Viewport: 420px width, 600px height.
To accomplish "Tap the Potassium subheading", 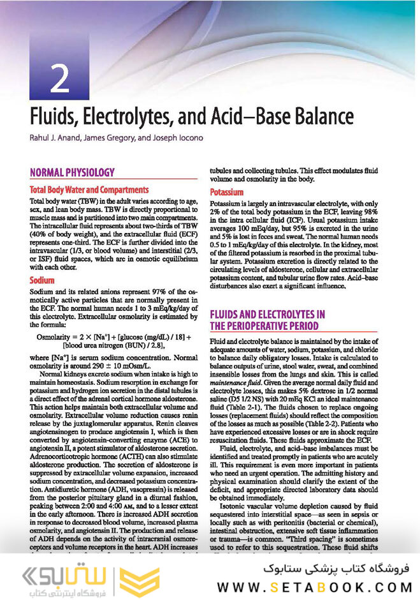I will point(227,191).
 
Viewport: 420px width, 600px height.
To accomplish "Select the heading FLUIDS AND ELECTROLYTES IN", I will point(268,314).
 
